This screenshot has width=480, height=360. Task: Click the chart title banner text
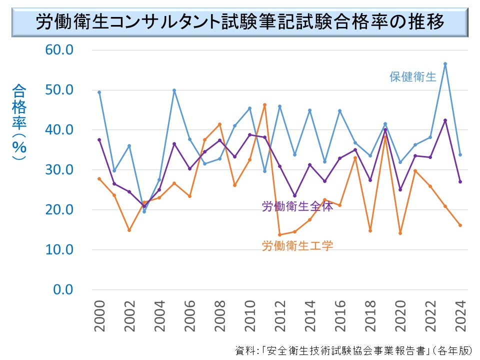tap(240, 22)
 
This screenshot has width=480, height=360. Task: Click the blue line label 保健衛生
tap(413, 77)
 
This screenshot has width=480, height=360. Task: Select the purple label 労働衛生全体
tap(297, 206)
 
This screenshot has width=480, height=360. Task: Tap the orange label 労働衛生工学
tap(297, 245)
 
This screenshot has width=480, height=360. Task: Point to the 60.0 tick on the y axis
tap(59, 50)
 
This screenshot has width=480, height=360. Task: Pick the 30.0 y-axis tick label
tap(59, 170)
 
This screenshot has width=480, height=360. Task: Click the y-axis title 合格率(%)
tap(20, 122)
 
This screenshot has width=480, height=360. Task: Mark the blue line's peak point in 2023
tap(445, 63)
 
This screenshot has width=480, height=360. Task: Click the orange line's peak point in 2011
tap(264, 105)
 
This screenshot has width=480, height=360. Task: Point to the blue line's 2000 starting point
tap(99, 92)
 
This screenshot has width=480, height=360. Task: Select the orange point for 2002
tap(129, 230)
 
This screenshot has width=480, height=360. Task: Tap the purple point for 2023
tap(445, 120)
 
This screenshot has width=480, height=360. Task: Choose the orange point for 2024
tap(460, 225)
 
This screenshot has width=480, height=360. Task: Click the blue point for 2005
tap(174, 90)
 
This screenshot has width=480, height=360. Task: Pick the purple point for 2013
tap(294, 195)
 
